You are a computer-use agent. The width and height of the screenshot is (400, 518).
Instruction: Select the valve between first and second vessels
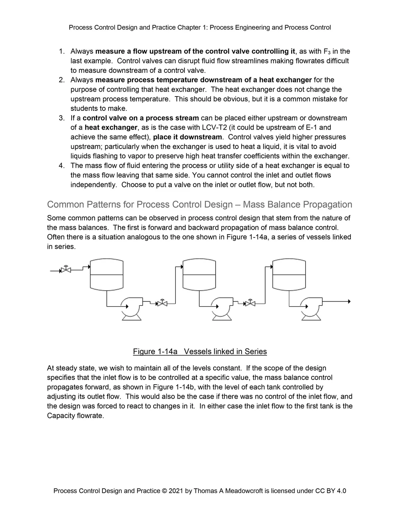[162, 303]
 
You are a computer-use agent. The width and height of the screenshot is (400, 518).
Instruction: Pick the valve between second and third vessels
[250, 303]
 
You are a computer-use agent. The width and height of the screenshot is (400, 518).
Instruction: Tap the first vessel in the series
[106, 275]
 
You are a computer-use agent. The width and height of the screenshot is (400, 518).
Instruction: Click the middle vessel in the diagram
[199, 275]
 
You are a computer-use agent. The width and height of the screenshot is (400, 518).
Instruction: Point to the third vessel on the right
[289, 275]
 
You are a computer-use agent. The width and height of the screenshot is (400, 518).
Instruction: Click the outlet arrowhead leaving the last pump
[349, 301]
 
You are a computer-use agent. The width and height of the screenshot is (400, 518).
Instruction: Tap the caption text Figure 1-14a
[155, 351]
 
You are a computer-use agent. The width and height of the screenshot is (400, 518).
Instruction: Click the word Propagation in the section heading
[328, 205]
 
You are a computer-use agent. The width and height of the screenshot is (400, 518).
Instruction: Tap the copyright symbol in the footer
[164, 491]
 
